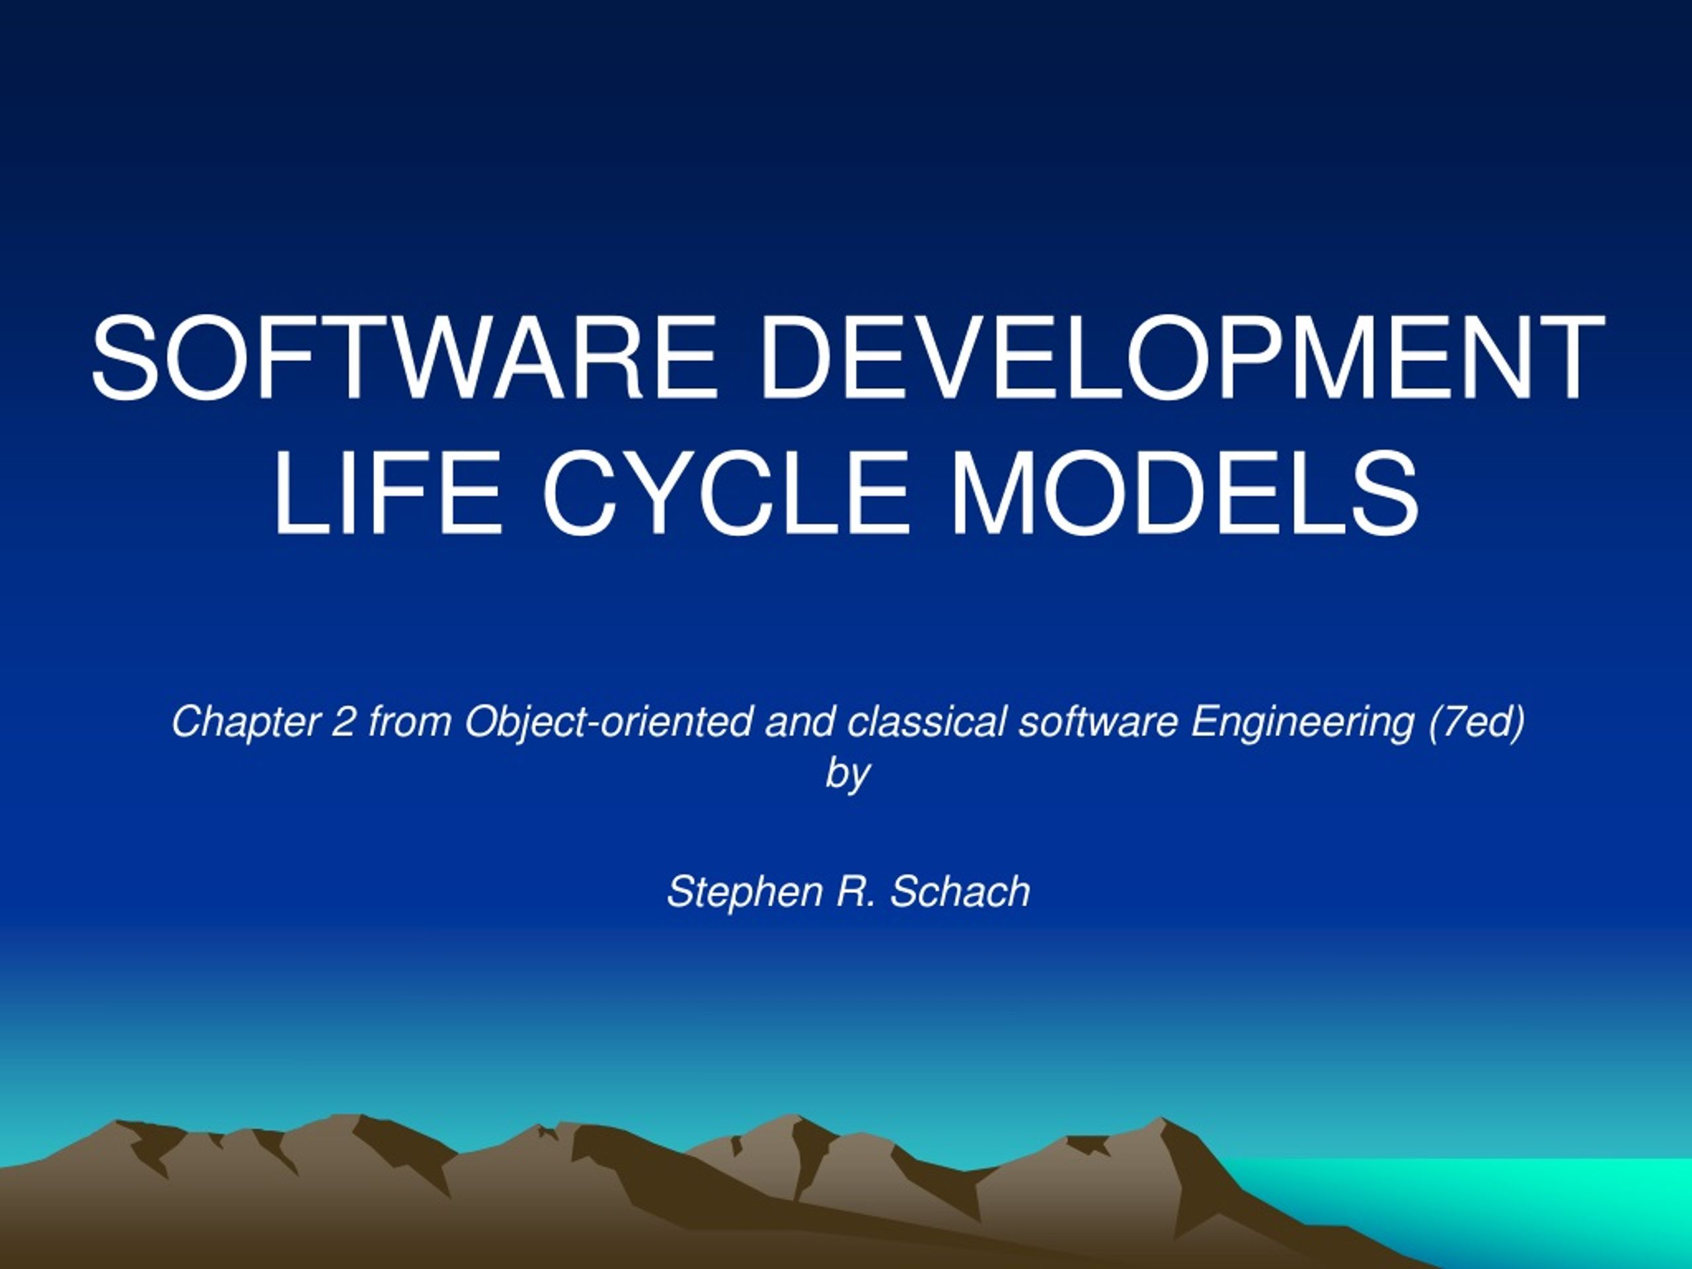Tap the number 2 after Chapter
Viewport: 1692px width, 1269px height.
pos(342,722)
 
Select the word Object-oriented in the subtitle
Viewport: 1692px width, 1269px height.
pos(608,722)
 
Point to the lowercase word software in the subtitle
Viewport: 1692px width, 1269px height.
pos(1098,722)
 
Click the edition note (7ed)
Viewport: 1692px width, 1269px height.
pos(1477,722)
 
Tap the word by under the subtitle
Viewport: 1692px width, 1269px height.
pos(847,774)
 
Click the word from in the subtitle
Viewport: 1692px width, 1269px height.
pos(409,722)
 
